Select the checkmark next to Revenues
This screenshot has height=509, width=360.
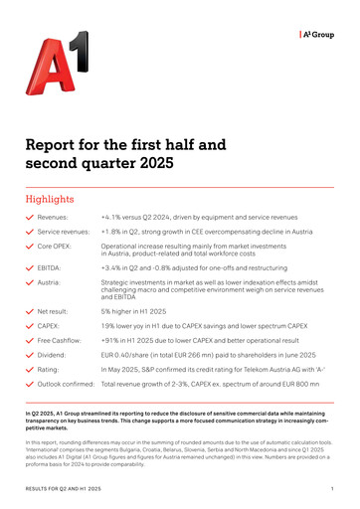(29, 216)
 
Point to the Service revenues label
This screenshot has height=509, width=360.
(65, 231)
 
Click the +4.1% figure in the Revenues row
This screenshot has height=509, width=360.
(112, 216)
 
